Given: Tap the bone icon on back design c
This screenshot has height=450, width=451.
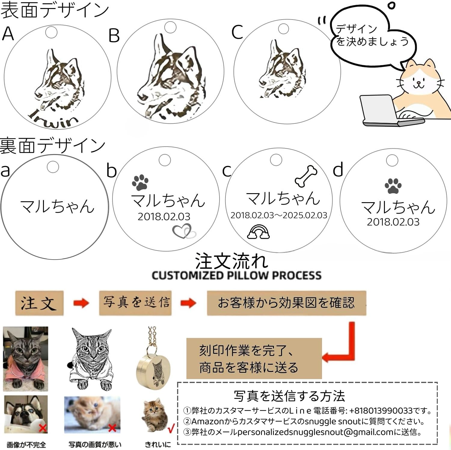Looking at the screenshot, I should (x=306, y=176).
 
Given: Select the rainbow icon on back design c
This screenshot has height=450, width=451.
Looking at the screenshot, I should (x=258, y=232).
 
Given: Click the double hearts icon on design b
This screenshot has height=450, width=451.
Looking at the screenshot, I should (x=184, y=231).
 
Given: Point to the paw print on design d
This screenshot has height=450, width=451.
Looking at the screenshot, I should (x=393, y=186).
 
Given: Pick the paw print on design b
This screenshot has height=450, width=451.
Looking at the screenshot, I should (x=140, y=182).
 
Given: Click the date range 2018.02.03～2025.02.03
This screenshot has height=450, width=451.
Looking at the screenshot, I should (x=279, y=215).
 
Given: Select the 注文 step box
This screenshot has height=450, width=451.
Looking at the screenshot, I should (x=39, y=303).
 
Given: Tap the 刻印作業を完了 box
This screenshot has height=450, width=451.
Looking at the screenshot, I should (x=254, y=358).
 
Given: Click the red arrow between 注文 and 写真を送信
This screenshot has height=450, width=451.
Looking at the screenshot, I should (x=81, y=303).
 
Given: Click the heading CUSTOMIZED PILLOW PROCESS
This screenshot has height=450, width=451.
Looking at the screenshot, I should (x=236, y=275).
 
